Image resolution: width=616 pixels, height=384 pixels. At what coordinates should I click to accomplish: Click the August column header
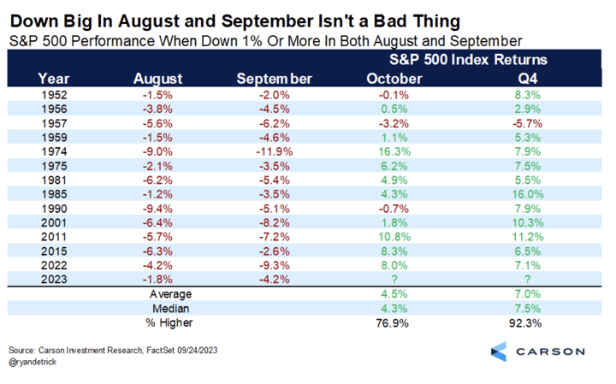158,79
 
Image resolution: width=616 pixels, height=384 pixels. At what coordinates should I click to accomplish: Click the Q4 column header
531,79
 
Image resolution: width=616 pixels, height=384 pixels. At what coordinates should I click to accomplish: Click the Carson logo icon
500,352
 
